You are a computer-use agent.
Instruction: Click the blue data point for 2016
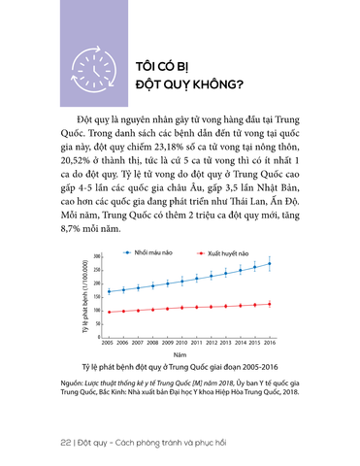(269, 263)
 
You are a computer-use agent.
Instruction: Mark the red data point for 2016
(269, 304)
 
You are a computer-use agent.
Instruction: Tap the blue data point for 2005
(110, 291)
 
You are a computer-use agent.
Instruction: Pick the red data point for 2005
(110, 312)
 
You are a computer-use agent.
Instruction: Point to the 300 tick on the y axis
(97, 256)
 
